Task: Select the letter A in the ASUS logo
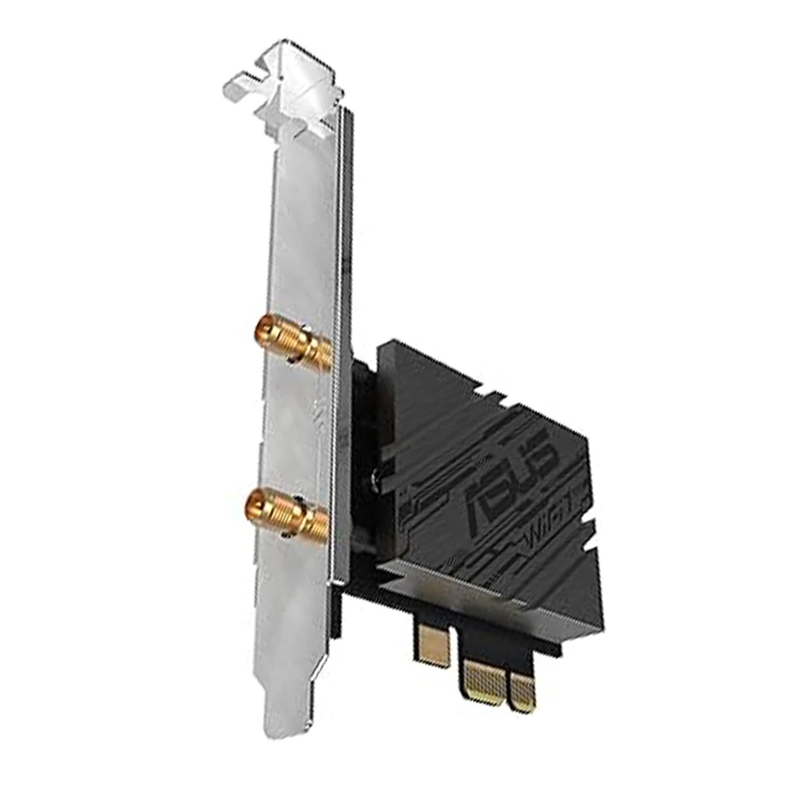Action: click(x=481, y=505)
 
